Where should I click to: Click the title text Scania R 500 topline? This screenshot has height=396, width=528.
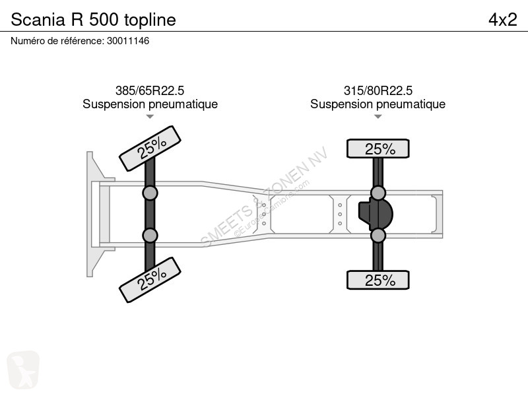click(x=93, y=20)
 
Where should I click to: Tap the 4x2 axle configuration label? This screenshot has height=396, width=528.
click(x=503, y=20)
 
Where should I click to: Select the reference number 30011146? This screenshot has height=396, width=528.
click(x=128, y=41)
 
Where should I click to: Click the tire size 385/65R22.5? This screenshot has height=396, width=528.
click(x=150, y=90)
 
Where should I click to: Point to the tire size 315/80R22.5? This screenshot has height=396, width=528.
click(x=378, y=90)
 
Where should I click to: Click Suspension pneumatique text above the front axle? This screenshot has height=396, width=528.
click(x=150, y=104)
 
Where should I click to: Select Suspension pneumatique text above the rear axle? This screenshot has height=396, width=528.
click(x=378, y=104)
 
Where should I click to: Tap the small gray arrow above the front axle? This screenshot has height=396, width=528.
click(x=150, y=117)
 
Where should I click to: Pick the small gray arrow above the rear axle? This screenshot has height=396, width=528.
click(x=378, y=117)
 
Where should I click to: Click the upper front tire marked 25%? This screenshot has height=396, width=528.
click(x=150, y=148)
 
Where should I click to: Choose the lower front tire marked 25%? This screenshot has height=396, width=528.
click(x=150, y=280)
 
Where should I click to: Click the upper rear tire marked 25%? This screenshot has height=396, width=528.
click(x=378, y=148)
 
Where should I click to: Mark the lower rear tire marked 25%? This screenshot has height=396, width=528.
click(x=378, y=280)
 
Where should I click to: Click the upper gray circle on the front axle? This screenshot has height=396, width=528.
click(x=150, y=193)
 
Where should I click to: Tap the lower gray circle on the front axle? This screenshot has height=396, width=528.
click(x=150, y=236)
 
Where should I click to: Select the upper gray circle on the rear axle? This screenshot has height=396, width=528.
click(x=378, y=193)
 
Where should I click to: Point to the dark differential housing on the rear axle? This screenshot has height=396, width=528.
click(x=375, y=214)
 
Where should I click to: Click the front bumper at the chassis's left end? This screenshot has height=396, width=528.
click(x=96, y=214)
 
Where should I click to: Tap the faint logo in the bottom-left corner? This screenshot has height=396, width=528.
click(x=23, y=370)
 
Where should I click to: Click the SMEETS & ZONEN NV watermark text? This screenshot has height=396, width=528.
click(x=264, y=196)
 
